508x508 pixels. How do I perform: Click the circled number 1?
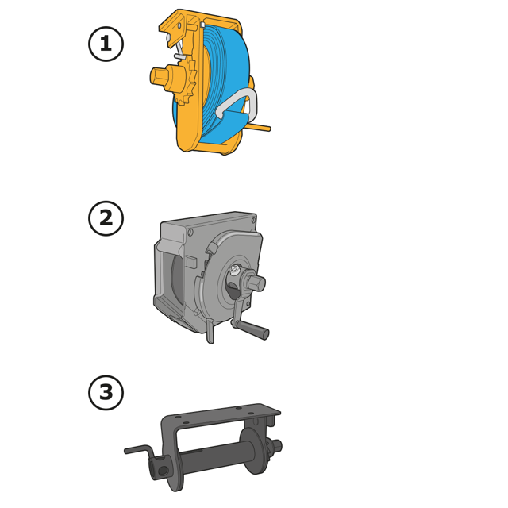click(x=106, y=44)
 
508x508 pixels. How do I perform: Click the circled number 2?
click(x=106, y=218)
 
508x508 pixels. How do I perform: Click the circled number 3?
click(x=106, y=392)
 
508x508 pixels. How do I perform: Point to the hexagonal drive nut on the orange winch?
click(x=159, y=76)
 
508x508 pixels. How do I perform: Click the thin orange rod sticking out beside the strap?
click(x=259, y=127)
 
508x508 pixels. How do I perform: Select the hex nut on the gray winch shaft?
click(x=255, y=283)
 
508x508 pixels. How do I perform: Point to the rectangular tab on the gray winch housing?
click(x=190, y=262)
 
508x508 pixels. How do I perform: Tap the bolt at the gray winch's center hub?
click(x=235, y=268)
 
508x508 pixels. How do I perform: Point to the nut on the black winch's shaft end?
click(x=276, y=446)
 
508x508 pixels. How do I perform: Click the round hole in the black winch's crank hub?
click(x=163, y=470)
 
